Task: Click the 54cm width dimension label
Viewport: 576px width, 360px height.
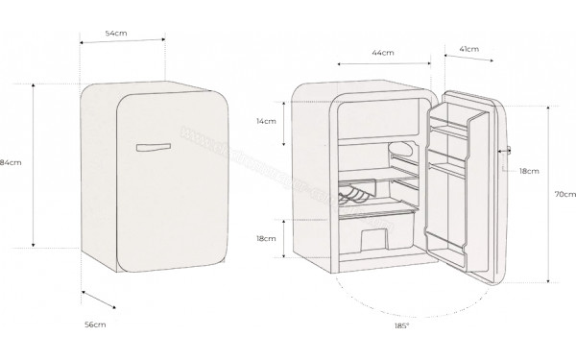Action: click(117, 34)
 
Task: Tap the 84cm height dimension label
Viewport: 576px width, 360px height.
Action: click(12, 162)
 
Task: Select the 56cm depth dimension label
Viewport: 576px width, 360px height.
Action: click(94, 326)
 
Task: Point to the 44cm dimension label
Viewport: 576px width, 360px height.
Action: click(382, 53)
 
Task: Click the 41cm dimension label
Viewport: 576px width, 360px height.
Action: click(470, 48)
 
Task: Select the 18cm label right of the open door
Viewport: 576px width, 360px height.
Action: click(529, 170)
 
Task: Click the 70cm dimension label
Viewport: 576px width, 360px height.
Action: click(565, 195)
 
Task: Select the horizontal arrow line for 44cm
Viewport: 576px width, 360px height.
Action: click(383, 65)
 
